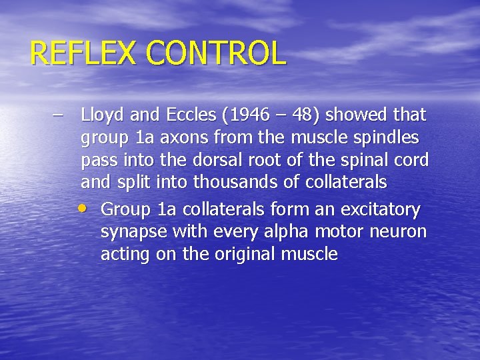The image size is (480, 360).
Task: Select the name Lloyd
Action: pos(101,116)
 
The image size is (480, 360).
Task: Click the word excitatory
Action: pos(381,211)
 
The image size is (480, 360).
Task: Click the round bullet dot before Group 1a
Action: pos(85,207)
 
